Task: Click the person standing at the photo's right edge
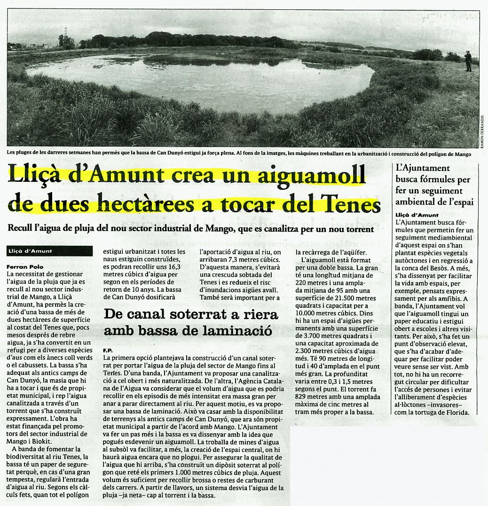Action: point(468,61)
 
